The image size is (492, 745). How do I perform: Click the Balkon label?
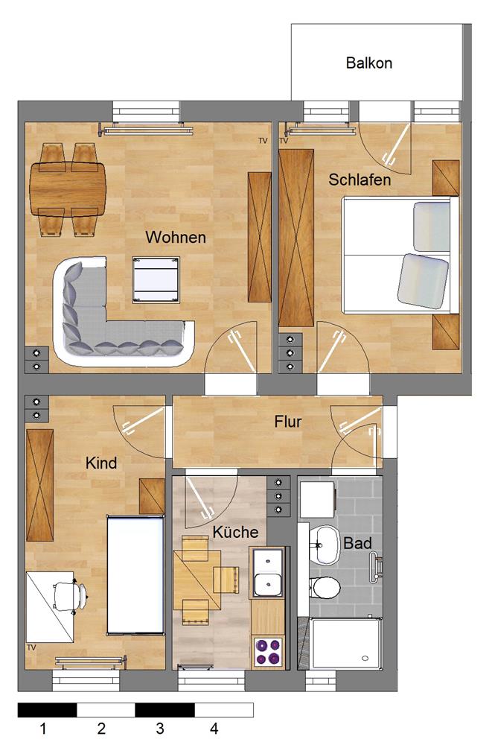click(x=369, y=63)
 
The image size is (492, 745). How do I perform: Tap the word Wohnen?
click(x=176, y=237)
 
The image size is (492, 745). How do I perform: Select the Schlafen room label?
click(x=360, y=180)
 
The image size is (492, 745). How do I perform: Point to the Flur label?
click(x=288, y=422)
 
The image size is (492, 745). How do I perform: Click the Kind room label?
click(x=101, y=463)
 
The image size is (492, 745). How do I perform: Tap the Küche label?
click(x=235, y=532)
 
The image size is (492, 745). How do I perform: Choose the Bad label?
click(x=357, y=543)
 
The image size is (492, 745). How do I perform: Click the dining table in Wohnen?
click(x=68, y=189)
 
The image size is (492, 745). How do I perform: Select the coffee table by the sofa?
click(x=156, y=280)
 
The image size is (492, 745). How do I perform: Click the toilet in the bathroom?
click(x=325, y=588)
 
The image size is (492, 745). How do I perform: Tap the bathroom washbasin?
click(x=323, y=545)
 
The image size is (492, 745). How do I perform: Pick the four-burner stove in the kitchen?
click(x=268, y=651)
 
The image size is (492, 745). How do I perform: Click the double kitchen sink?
click(x=267, y=572)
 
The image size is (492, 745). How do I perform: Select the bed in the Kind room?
click(x=135, y=574)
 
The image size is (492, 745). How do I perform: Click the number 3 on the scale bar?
click(x=160, y=729)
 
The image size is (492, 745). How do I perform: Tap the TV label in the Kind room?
click(x=31, y=647)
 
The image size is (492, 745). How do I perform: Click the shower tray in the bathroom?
click(x=346, y=641)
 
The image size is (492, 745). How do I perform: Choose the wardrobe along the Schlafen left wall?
click(x=296, y=238)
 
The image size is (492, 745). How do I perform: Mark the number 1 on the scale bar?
click(x=44, y=729)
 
